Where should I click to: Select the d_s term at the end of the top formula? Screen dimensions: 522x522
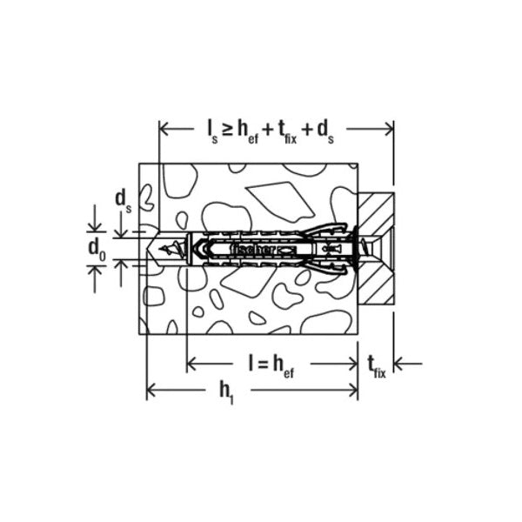point(325,132)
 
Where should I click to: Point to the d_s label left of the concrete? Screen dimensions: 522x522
point(124,202)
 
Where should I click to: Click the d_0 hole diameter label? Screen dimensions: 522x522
point(97,250)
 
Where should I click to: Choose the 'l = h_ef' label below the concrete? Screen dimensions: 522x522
point(271,366)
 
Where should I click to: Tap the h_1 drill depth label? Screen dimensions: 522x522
point(226,392)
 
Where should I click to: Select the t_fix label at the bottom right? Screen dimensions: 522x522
point(377,367)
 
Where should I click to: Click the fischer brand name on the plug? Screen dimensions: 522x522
point(252,250)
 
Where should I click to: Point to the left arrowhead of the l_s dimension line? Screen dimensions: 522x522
point(164,129)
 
